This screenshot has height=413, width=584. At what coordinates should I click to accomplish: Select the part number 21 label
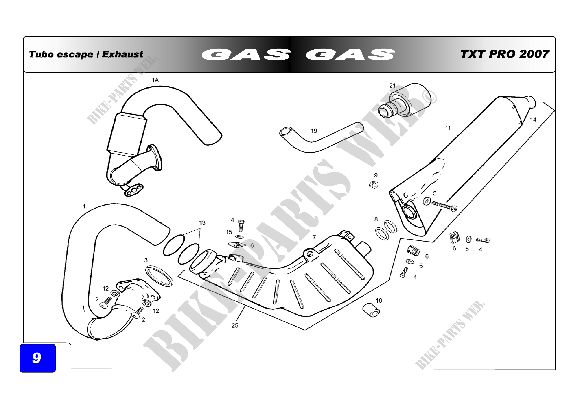(393, 86)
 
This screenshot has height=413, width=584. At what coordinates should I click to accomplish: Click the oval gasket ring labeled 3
(159, 276)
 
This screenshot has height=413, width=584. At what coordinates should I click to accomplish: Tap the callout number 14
(533, 120)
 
